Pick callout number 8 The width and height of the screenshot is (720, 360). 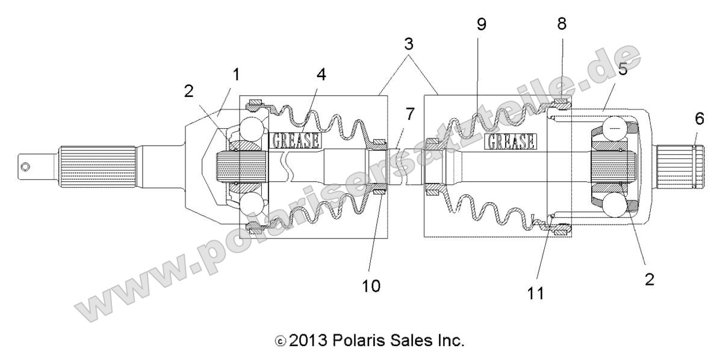pyautogui.click(x=562, y=25)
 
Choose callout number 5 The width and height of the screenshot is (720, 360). pyautogui.click(x=623, y=69)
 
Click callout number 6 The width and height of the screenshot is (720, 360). pyautogui.click(x=698, y=119)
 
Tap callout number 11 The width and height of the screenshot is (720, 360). pyautogui.click(x=535, y=293)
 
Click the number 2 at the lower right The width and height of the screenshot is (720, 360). pyautogui.click(x=649, y=280)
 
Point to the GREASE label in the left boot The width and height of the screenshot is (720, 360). pyautogui.click(x=296, y=140)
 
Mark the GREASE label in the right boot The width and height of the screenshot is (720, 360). pyautogui.click(x=511, y=141)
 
